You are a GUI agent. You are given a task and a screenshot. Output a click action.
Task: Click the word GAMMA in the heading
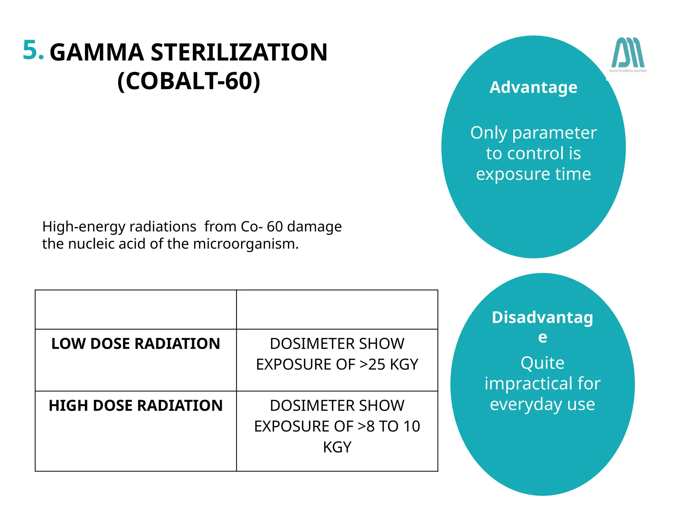click(97, 53)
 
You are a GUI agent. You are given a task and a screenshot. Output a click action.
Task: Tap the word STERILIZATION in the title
click(239, 53)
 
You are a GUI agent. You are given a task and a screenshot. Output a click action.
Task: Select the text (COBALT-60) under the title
click(189, 81)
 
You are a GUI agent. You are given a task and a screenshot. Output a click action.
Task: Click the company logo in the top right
click(628, 54)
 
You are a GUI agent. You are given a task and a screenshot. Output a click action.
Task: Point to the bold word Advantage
click(533, 87)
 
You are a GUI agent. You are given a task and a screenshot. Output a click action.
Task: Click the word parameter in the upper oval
click(554, 133)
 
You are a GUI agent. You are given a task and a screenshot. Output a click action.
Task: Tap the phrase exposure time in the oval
click(533, 174)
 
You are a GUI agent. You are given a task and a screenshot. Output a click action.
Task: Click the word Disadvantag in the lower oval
click(542, 317)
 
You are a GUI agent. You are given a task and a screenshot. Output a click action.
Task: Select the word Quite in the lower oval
click(542, 363)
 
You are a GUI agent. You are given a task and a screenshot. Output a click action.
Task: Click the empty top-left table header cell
click(136, 309)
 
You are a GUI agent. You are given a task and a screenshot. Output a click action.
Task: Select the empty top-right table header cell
click(337, 309)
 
